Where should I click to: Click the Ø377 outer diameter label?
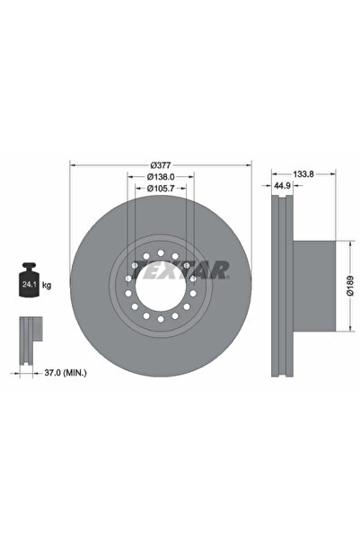(161, 165)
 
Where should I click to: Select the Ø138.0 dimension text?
(161, 177)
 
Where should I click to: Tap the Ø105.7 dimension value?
(161, 189)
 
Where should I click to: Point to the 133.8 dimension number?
(303, 174)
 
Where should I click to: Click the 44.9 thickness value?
(282, 186)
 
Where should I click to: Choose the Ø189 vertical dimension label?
(350, 286)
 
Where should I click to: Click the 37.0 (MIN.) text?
(66, 373)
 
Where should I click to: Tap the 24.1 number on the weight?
(27, 285)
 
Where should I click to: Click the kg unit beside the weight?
(47, 285)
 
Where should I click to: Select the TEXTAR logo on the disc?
(180, 270)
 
